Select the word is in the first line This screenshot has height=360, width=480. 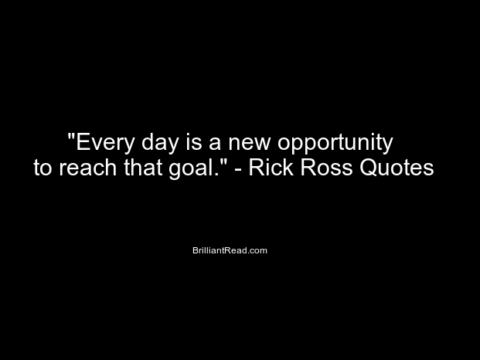(x=194, y=141)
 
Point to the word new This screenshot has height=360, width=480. (x=250, y=144)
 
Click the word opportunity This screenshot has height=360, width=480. (x=335, y=143)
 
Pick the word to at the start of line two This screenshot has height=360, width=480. (x=43, y=168)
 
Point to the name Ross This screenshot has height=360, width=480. (x=326, y=168)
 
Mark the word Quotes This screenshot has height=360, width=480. (x=397, y=168)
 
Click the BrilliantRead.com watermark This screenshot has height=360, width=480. (x=230, y=250)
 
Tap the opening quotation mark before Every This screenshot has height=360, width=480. (x=72, y=136)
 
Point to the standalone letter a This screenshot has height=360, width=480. (x=215, y=144)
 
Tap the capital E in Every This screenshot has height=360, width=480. (x=83, y=141)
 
